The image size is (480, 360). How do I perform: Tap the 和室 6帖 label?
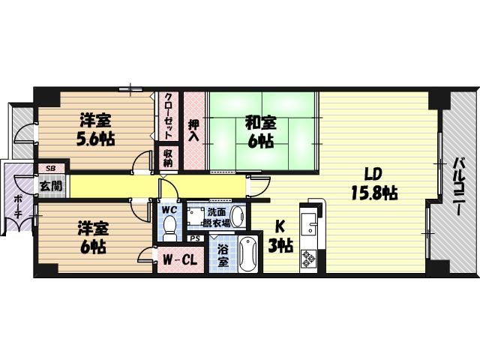[261, 132]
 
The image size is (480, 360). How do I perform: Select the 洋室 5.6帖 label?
[95, 130]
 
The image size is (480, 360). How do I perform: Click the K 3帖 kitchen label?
[280, 235]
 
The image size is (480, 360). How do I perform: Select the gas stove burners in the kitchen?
[308, 258]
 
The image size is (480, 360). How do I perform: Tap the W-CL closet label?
[180, 260]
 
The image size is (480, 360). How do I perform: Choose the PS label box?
[195, 238]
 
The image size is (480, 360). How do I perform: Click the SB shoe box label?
[50, 168]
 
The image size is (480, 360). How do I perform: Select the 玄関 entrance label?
[51, 185]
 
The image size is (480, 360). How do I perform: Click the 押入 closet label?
[193, 130]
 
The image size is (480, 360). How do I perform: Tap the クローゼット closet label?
[168, 116]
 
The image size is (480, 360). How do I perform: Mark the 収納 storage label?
[167, 158]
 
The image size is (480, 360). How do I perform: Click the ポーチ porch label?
[18, 206]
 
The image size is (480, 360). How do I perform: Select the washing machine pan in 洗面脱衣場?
[196, 217]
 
